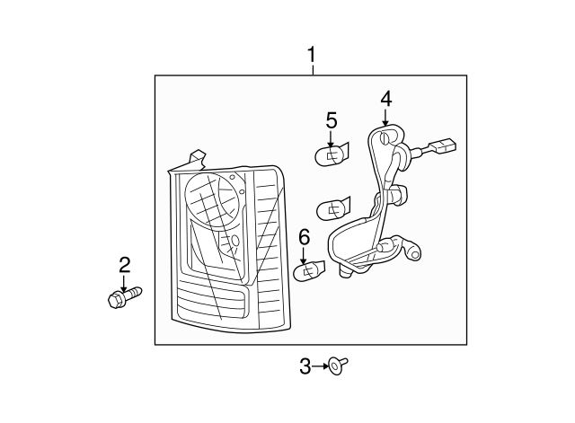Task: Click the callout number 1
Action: pos(312,55)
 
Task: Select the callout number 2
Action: pos(125,265)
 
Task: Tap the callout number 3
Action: pos(305,366)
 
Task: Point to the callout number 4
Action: pos(386,100)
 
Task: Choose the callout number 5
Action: pos(332,120)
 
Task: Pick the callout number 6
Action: pos(305,237)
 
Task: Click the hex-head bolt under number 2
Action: pos(125,297)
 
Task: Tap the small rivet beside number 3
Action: pos(338,366)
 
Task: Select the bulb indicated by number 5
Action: pos(332,155)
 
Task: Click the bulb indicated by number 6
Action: pos(309,271)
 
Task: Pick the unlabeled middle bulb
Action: pos(333,209)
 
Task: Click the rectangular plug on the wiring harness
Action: pos(445,145)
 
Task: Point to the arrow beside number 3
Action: pos(320,366)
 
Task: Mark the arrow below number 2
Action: pos(125,283)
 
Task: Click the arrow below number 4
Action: pos(385,118)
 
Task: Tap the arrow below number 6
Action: pos(304,256)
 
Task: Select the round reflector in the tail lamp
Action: pos(214,197)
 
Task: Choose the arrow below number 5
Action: pos(331,140)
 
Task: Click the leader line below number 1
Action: pos(313,70)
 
